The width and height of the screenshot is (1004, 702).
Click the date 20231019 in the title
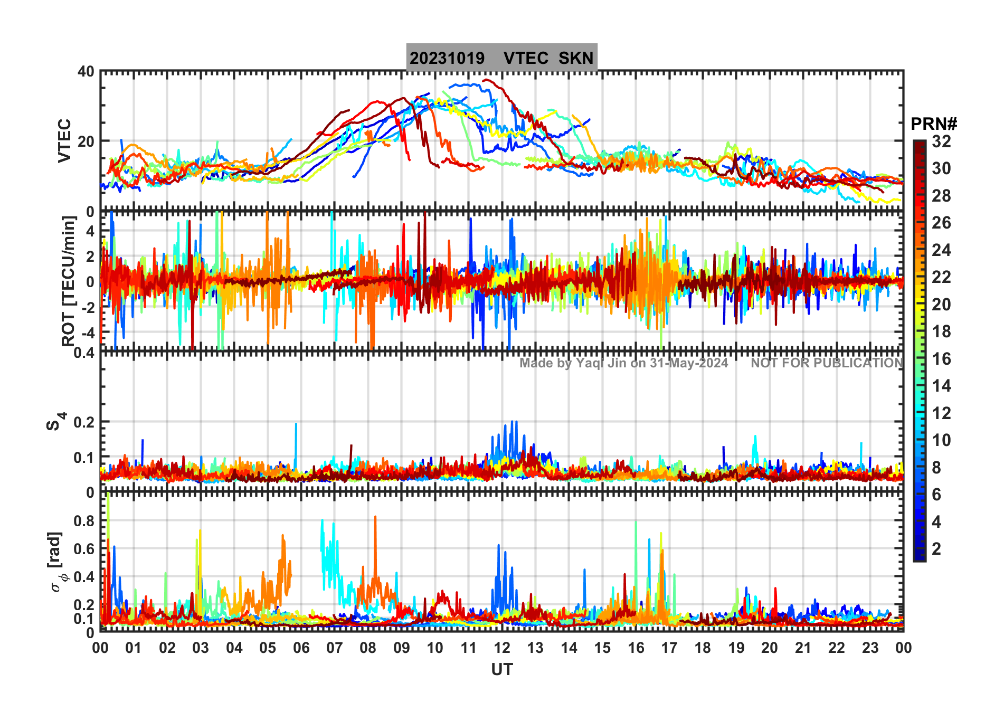tap(447, 58)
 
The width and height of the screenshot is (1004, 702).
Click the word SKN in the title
tap(576, 58)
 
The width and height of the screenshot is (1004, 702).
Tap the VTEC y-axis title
tap(64, 140)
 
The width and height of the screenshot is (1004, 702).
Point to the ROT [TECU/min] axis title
tap(68, 281)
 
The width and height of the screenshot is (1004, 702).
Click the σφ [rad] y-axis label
tap(56, 562)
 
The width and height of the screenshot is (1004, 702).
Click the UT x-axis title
tap(501, 670)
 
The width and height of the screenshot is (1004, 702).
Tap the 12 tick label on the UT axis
tap(501, 648)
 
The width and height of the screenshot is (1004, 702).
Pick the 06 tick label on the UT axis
tap(301, 648)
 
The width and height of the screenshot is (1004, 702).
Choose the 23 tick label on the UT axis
tap(870, 648)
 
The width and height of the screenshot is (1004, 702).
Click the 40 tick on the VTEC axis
tap(86, 72)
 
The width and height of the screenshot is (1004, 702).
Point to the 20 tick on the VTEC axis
tap(86, 141)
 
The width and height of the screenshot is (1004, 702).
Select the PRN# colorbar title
tap(934, 124)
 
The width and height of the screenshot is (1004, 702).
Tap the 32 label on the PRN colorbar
tap(941, 141)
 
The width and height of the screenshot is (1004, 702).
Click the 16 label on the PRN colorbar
tap(941, 359)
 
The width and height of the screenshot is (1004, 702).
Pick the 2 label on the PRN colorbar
tap(936, 549)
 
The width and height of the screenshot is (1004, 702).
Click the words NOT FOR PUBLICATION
tap(827, 363)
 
